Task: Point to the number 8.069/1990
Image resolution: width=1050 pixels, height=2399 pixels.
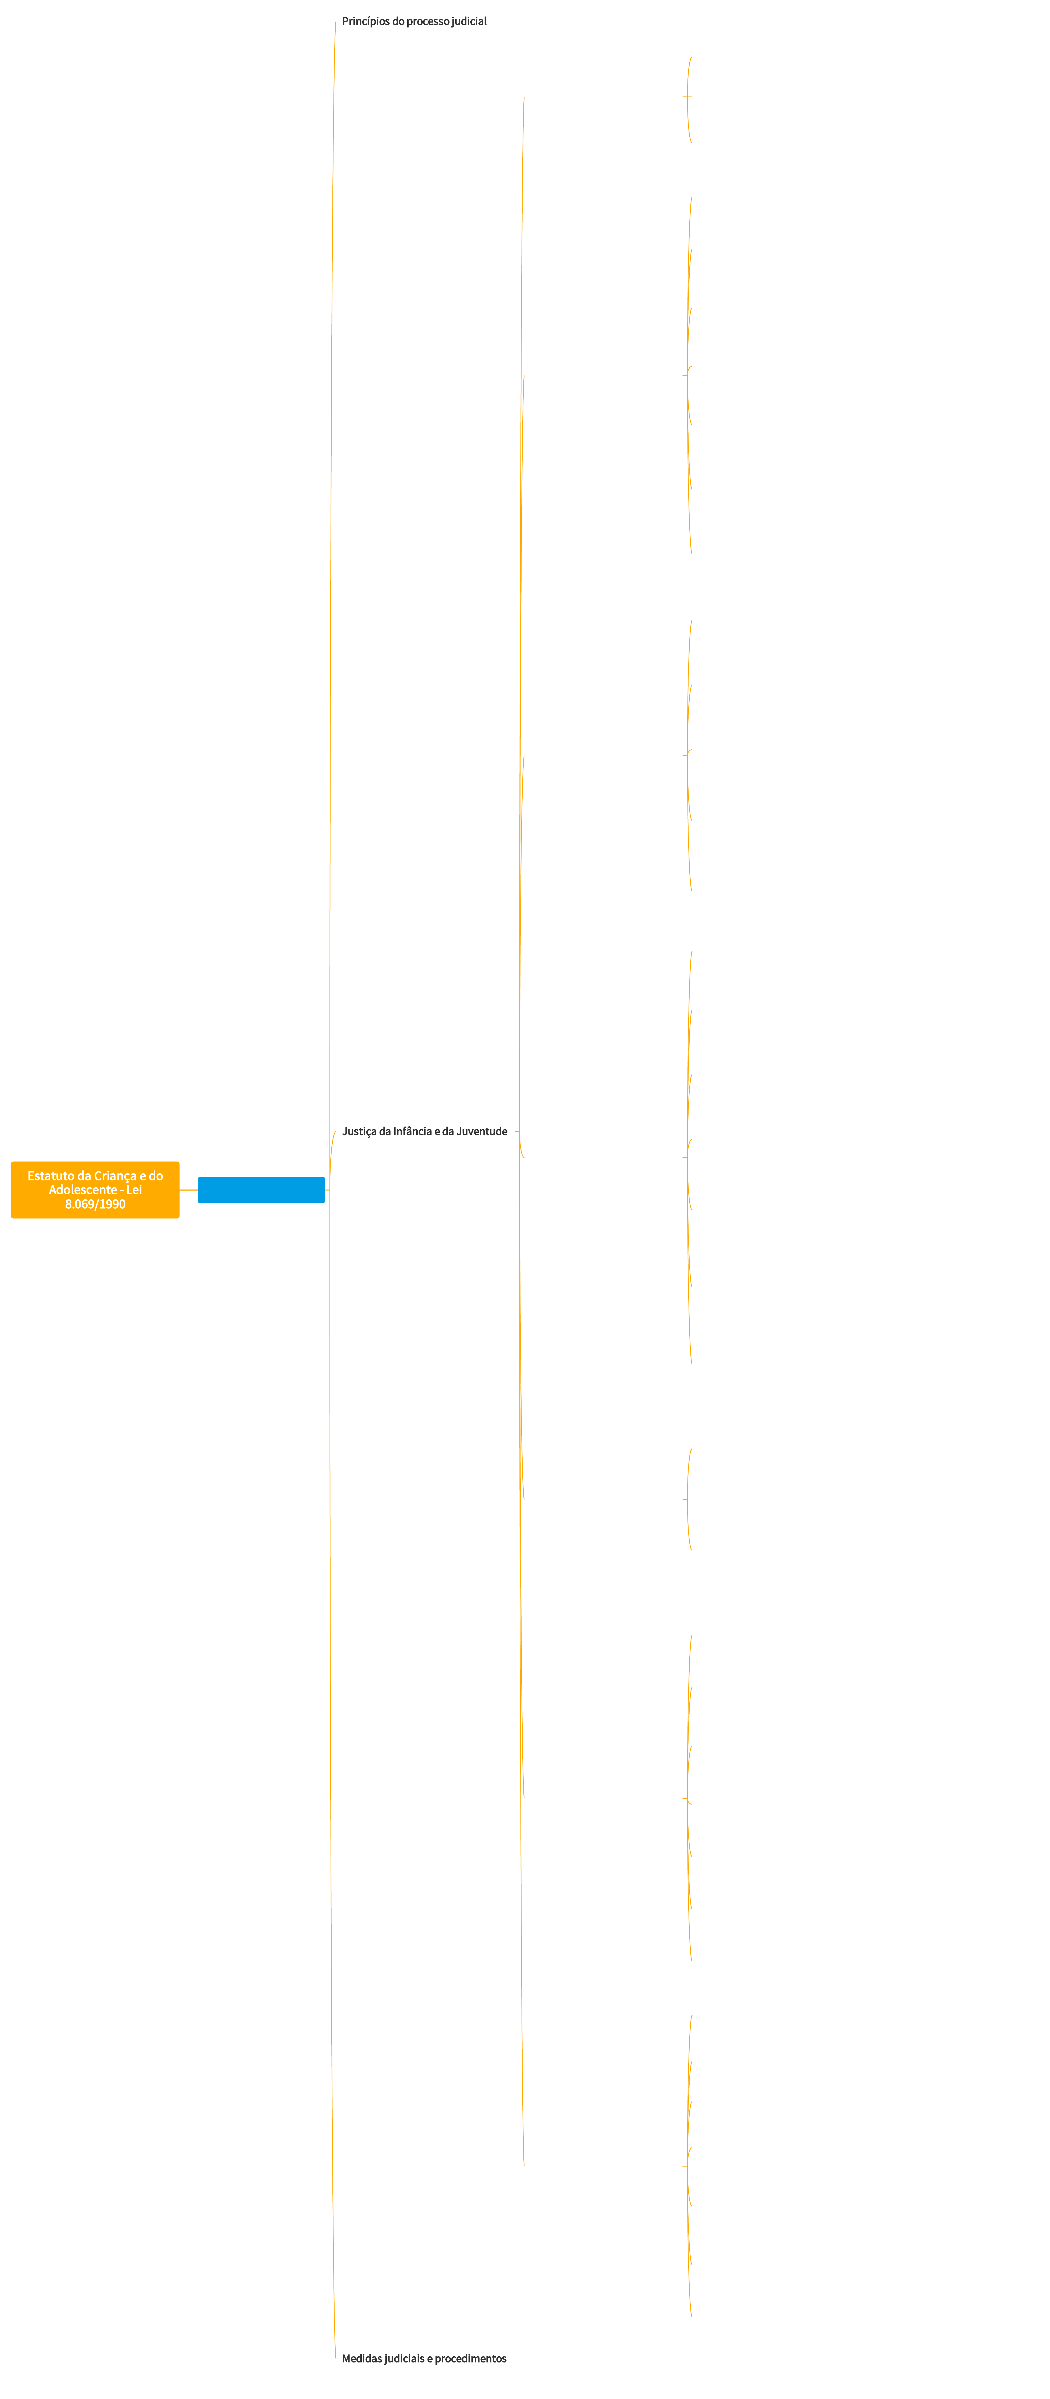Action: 95,1204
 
